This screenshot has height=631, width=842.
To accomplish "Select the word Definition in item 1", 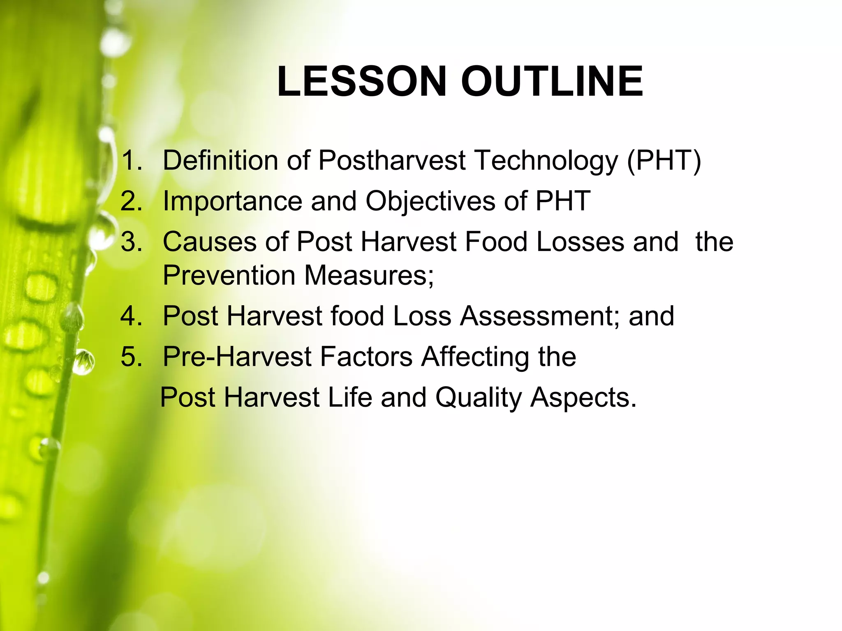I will click(220, 160).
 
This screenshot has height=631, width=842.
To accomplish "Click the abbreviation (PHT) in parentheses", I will click(664, 160).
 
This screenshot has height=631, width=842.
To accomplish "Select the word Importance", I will click(232, 201).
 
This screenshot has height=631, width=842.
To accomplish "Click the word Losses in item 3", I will click(580, 242).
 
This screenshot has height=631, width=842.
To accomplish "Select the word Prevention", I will click(229, 275).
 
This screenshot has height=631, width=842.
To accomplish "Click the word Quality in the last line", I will click(478, 398).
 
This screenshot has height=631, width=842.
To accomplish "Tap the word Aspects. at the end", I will click(583, 398).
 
